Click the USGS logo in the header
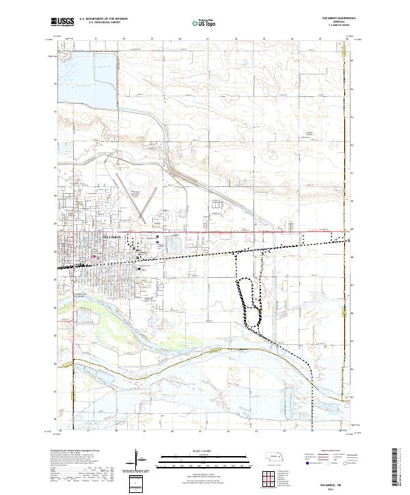(63, 22)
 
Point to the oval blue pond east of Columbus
(176, 242)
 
